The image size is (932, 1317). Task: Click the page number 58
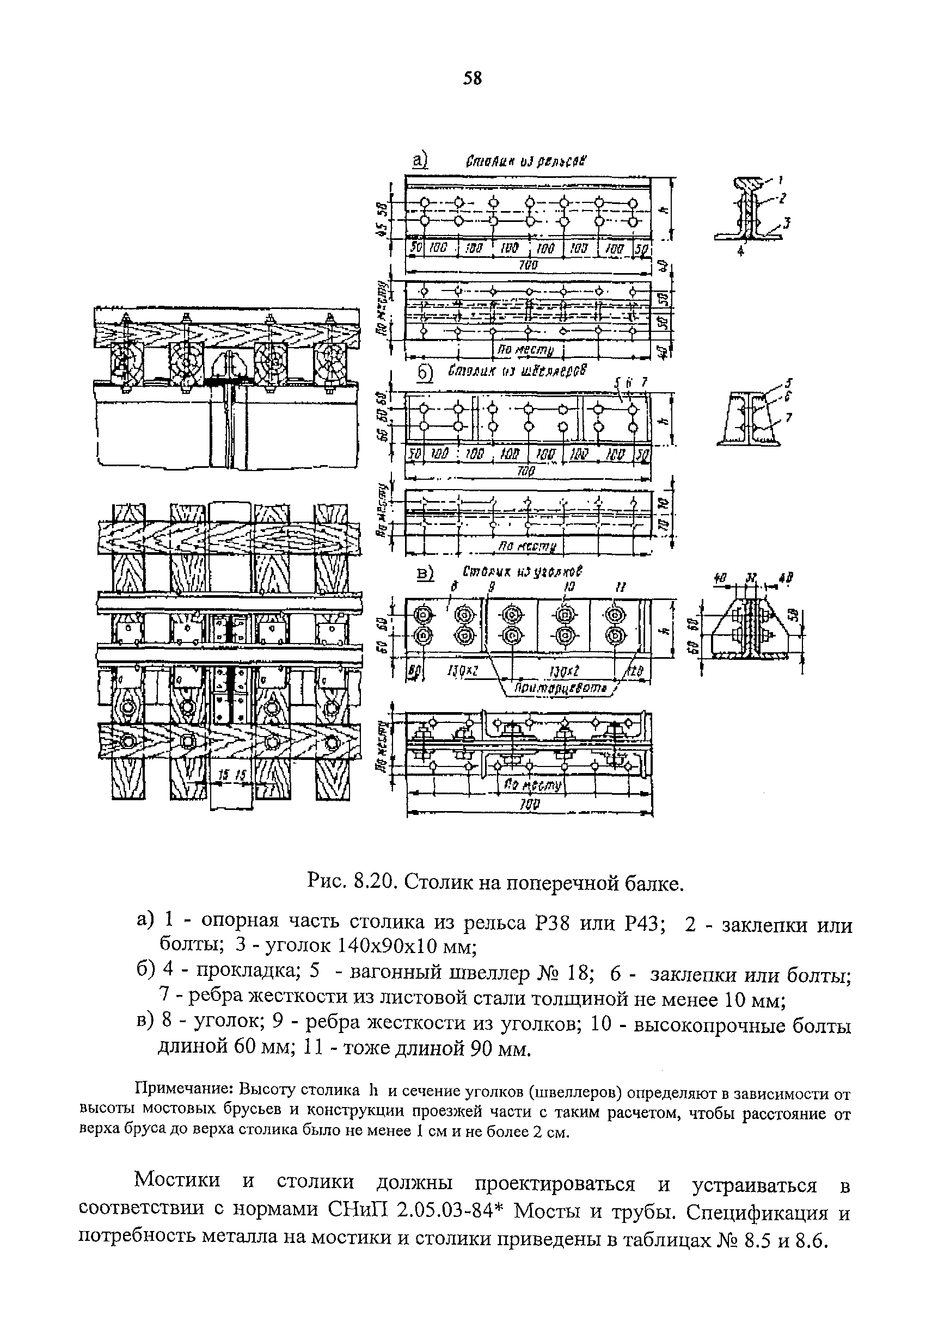473,78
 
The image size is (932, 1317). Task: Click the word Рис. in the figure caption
327,883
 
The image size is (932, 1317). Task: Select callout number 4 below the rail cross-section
740,251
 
